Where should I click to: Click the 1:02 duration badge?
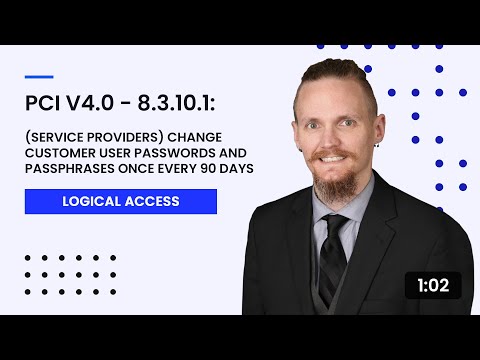coord(433,285)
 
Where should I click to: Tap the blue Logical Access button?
coord(121,201)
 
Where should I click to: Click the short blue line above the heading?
coord(38,75)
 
